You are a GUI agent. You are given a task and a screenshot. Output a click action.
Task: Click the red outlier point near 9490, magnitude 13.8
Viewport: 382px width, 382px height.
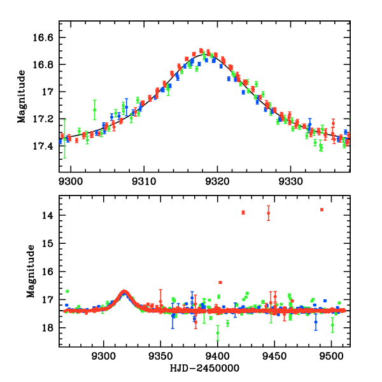[322, 209]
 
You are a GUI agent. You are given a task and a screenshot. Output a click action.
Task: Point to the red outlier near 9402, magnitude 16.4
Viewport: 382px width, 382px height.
[220, 282]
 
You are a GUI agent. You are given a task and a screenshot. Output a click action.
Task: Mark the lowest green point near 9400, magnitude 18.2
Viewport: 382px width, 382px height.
[218, 333]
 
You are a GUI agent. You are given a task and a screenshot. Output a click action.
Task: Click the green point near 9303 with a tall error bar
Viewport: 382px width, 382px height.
[94, 110]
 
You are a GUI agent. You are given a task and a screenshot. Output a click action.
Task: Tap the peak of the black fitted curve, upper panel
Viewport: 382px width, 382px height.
[204, 55]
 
